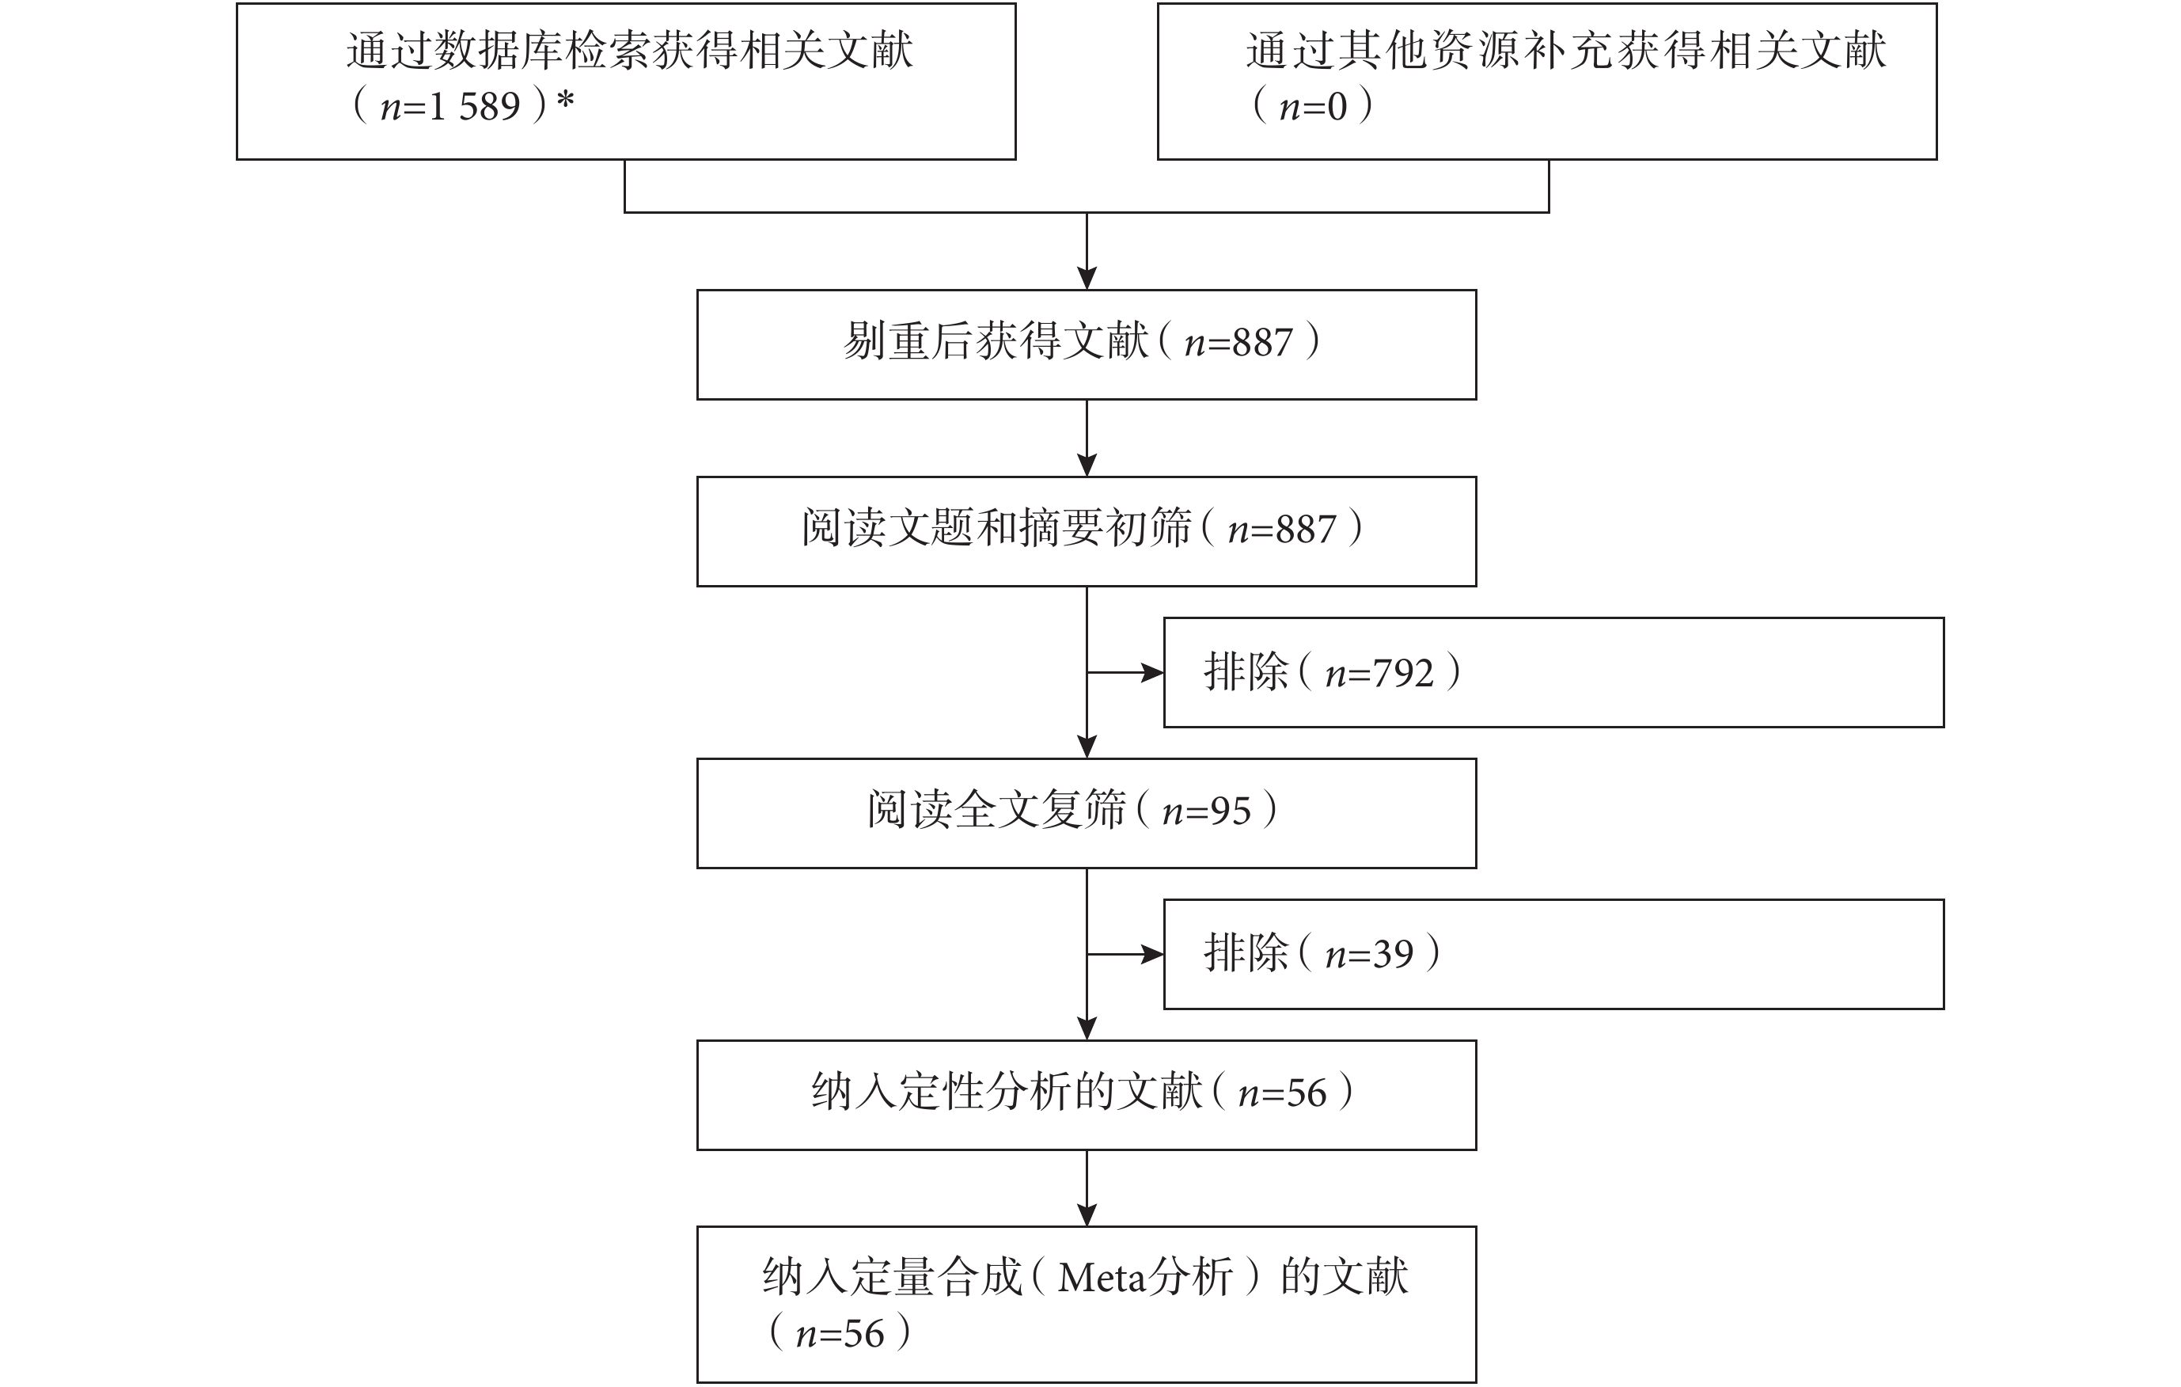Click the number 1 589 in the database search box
475,108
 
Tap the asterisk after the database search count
565,101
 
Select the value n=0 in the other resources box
1314,108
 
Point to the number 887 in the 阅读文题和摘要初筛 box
1305,530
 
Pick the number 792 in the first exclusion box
1403,674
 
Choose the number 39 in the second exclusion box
1393,955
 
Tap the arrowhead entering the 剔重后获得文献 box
1087,278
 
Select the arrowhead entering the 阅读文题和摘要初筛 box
1087,465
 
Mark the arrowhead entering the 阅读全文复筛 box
1087,747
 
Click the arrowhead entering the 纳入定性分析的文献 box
1087,1028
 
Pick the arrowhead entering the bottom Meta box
1087,1215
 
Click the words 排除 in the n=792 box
1246,672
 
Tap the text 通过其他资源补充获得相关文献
1566,51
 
